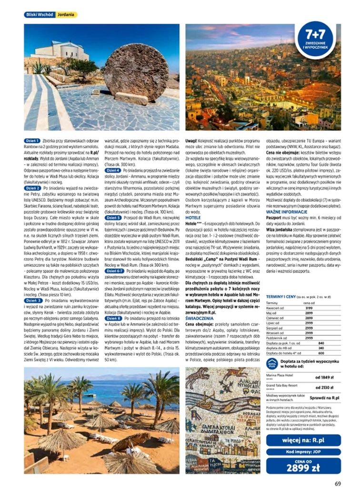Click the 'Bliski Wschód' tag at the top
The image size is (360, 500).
coord(39,15)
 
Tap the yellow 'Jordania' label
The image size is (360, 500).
coord(66,15)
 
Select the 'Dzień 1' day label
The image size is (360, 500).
coord(33,141)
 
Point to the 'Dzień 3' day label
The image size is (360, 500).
coord(33,301)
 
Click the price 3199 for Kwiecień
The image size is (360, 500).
coord(309,308)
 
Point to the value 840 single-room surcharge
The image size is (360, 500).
coord(321,343)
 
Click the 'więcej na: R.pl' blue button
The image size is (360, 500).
coord(303,440)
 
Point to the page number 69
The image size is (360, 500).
coord(338,483)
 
